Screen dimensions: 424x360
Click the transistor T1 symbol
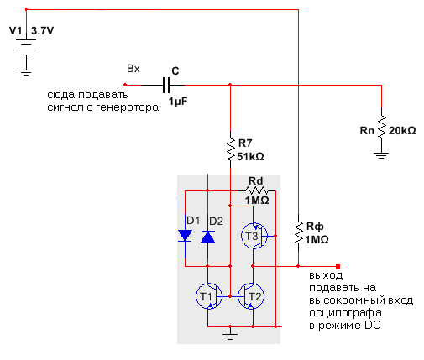(x=209, y=296)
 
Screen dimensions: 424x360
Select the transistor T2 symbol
(x=251, y=296)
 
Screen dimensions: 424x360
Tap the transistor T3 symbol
(x=254, y=236)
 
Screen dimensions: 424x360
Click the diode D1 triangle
(x=185, y=236)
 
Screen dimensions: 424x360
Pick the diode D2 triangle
(x=207, y=237)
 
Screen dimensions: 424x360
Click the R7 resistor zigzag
(x=230, y=149)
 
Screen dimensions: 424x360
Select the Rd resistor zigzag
(x=257, y=190)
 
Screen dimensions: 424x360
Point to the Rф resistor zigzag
(x=298, y=232)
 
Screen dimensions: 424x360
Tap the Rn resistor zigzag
(x=381, y=127)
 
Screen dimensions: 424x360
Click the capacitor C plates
(x=166, y=85)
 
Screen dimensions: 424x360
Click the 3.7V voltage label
(x=42, y=31)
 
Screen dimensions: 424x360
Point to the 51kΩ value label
(x=250, y=157)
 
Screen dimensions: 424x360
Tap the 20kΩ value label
(x=402, y=131)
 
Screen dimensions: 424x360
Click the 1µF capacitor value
(x=178, y=102)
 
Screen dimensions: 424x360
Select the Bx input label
(x=133, y=69)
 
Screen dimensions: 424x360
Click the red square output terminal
(x=338, y=266)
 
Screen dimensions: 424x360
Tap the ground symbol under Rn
(x=381, y=155)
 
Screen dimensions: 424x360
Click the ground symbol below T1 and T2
(x=230, y=335)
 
